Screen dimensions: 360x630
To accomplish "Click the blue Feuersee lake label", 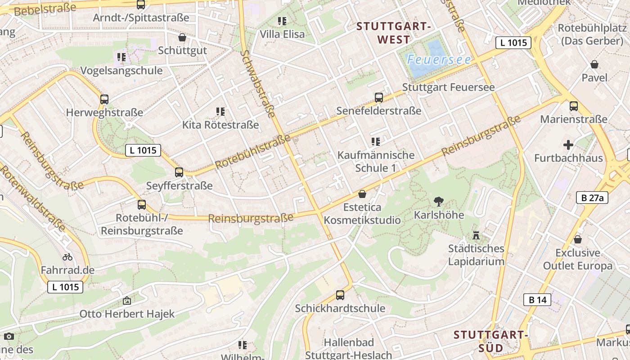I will pos(439,59).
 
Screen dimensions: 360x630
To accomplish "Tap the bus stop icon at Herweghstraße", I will pos(104,99).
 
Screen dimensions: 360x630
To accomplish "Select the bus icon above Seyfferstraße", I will pos(179,172).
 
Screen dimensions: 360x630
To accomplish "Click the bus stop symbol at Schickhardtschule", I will pos(340,295).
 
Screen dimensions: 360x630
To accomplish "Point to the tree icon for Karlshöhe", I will pos(438,202).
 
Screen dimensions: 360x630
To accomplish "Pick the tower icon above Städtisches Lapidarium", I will pos(476,235).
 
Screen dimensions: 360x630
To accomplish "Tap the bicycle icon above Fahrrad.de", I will pos(67,257).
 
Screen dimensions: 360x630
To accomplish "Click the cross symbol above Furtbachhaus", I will pos(568,145).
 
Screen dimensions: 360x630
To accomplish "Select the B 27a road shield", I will pos(592,197).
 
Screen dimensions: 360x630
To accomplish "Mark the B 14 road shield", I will pos(537,300).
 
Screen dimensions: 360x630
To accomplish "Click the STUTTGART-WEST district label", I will pos(394,33).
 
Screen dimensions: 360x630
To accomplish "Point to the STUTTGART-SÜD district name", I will pos(490,342).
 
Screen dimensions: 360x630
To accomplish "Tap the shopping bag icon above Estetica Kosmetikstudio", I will pos(362,194).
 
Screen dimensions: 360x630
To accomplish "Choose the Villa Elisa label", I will pos(282,34).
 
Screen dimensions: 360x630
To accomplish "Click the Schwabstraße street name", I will pos(258,84).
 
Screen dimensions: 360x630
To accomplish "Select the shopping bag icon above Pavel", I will pos(594,64).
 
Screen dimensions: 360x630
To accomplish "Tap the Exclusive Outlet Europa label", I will pos(578,259).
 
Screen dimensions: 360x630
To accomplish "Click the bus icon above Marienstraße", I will pos(574,106).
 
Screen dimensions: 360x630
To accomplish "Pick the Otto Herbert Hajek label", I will pos(127,314).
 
